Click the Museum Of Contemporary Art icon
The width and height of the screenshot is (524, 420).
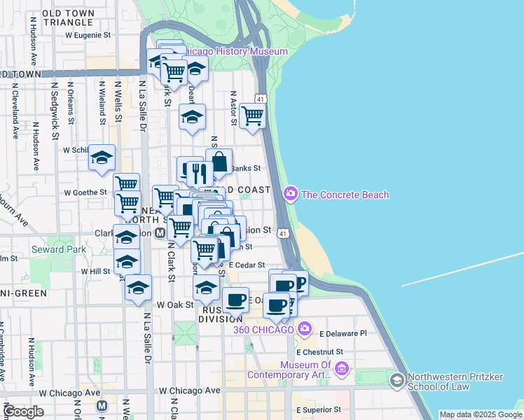342,369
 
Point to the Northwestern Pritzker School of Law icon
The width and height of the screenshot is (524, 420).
397,379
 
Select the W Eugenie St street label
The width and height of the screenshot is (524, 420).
88,34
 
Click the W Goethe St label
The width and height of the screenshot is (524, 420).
85,192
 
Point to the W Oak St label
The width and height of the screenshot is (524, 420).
174,304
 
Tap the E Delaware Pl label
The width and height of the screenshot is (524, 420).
343,334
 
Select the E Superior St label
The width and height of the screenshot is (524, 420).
318,409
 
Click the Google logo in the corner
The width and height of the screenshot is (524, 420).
24,412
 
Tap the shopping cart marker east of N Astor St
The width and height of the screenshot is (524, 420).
252,116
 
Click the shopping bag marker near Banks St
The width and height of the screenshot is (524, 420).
219,163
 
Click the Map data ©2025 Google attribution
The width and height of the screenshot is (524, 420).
481,414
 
